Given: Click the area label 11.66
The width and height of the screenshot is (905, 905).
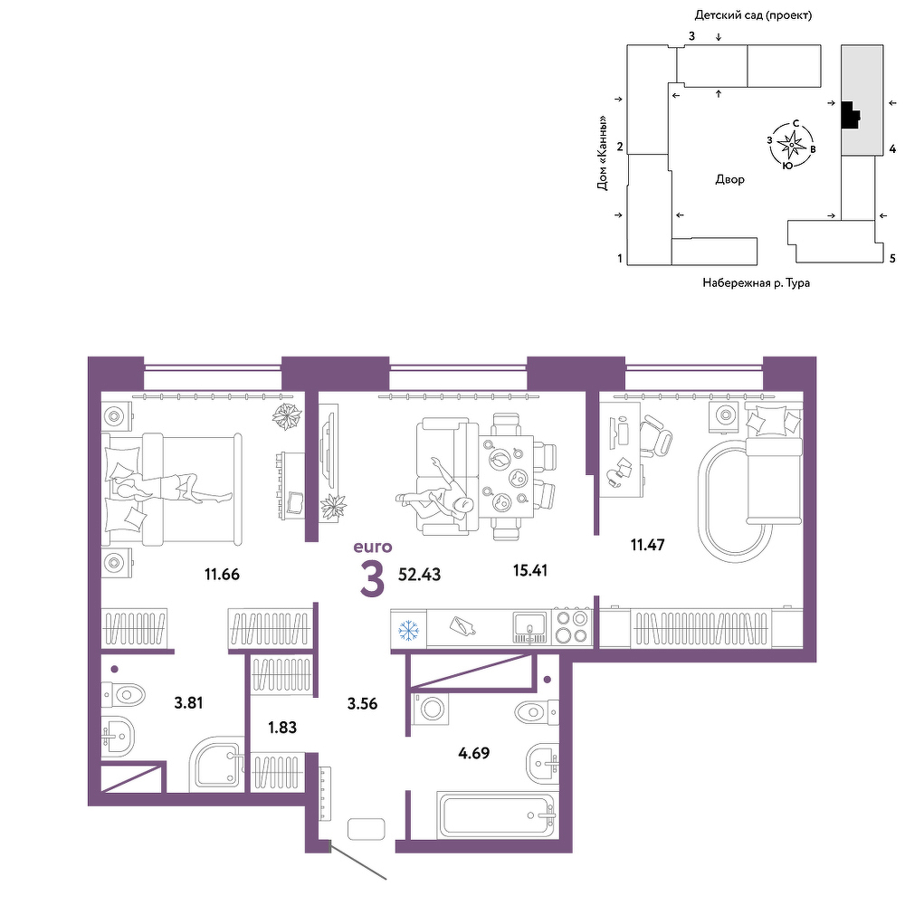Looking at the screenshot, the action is [222, 575].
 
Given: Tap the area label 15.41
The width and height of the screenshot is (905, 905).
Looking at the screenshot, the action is [529, 570].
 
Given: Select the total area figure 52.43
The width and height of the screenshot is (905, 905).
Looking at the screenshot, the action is [420, 575].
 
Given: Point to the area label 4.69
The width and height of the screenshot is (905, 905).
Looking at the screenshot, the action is [474, 753].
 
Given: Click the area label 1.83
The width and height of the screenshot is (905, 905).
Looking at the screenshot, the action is [282, 728].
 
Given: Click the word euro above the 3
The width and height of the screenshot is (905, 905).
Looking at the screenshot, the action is [372, 546].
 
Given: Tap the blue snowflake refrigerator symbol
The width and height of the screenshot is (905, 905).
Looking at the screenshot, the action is [409, 630].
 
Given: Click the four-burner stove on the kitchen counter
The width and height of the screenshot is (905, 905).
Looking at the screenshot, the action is [571, 627].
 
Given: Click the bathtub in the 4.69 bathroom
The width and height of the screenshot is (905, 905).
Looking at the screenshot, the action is [496, 815].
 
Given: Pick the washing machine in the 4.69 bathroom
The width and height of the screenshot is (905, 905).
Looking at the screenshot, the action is [431, 709].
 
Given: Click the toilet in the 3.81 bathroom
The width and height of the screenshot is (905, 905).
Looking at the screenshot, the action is [122, 695].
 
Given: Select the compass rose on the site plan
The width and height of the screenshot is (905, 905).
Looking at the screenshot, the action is [791, 146].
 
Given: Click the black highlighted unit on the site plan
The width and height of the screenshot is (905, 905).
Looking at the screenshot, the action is [850, 116].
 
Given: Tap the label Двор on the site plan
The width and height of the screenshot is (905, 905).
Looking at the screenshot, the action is [729, 179].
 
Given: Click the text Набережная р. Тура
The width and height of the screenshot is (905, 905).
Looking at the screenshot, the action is [756, 282].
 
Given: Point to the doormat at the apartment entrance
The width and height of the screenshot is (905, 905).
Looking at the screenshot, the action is [366, 829].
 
